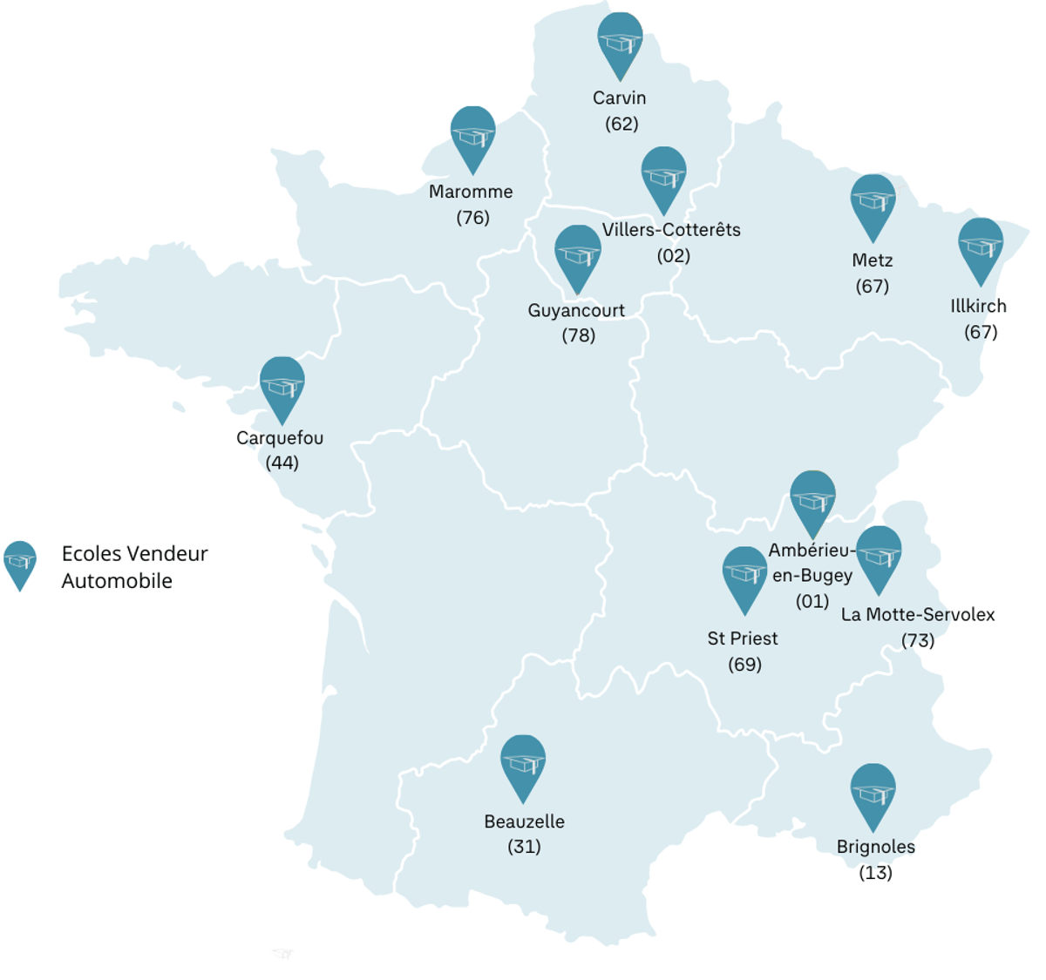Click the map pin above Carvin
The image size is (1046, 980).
coord(620,43)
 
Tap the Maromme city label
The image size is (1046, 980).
coord(471,192)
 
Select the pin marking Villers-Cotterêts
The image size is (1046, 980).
coord(663,177)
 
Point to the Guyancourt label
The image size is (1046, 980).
coord(576,310)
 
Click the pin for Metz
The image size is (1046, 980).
coord(873,205)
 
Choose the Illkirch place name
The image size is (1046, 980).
coord(978,306)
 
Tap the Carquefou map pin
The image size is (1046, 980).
coord(282,387)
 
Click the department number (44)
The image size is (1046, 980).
coord(282,463)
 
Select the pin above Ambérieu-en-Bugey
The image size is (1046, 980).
coord(812,501)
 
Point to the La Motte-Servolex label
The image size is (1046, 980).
coord(918,614)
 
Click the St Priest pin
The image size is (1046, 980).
coord(744,577)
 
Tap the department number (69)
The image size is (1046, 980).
coord(744,665)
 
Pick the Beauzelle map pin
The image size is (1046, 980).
coord(523,765)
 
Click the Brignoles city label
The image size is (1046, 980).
coord(875,847)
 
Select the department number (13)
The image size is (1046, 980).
coord(875,872)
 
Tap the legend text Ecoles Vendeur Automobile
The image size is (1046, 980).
coord(134,567)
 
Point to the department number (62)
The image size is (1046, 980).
coord(621,124)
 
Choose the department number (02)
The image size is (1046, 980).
coord(673,255)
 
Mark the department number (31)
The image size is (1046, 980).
coord(524,847)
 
